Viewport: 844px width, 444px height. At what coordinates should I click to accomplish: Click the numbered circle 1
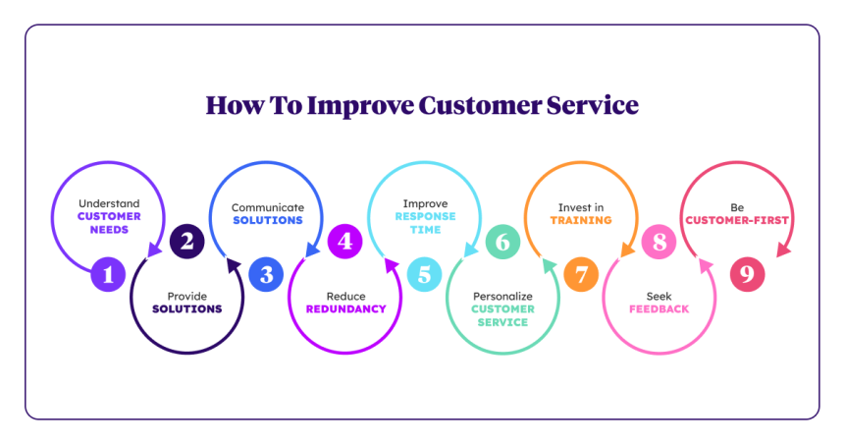coord(108,275)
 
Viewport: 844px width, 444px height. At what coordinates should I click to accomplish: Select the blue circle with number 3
coord(265,275)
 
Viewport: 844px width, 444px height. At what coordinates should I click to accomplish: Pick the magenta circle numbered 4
coord(344,242)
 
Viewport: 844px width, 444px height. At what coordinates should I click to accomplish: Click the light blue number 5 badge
coord(423,275)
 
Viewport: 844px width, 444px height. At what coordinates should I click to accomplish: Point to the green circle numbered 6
coord(502,242)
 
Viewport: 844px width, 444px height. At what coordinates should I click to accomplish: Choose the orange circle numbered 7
coord(581,275)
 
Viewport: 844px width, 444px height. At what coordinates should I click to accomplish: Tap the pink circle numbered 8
coord(659,242)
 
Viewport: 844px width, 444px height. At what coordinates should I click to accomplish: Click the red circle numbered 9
coord(747,275)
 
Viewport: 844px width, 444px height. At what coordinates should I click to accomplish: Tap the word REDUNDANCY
coord(344,308)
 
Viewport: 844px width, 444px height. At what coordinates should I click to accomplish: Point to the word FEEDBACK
coord(659,308)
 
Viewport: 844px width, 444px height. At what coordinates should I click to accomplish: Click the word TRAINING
coord(580,220)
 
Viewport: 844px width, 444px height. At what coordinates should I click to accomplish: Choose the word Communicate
coord(267,207)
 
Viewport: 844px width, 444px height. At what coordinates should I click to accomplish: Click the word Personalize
coord(502,295)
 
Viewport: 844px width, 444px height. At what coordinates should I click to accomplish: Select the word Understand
coord(109,202)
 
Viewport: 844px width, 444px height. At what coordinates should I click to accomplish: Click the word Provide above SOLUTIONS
coord(187,295)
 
